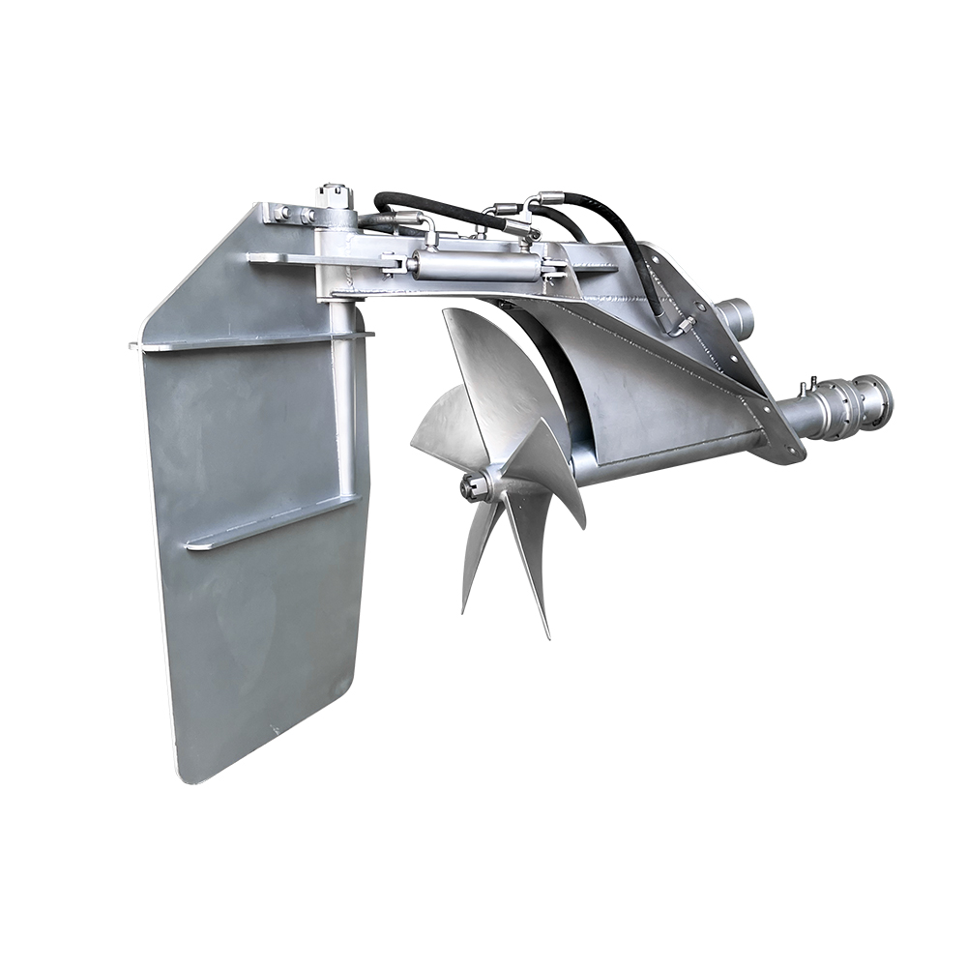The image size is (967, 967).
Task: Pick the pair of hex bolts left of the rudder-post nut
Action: click(290, 214)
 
